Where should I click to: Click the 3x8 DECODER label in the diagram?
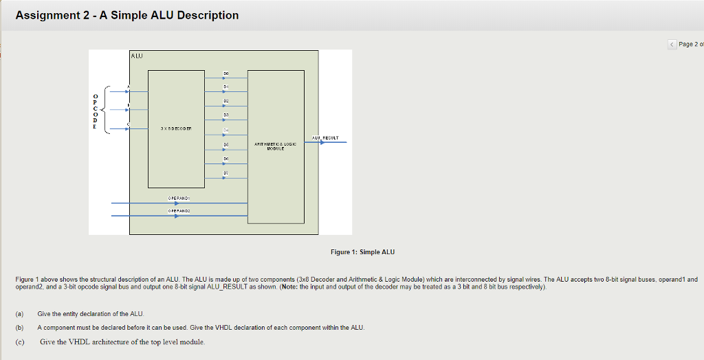click(177, 128)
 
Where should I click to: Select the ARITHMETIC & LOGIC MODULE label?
click(275, 146)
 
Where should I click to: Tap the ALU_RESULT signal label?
click(325, 137)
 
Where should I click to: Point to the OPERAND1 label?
click(178, 198)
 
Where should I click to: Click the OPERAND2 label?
click(178, 211)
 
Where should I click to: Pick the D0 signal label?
click(225, 73)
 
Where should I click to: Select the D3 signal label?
click(225, 115)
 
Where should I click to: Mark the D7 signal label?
click(225, 172)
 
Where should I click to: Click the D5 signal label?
click(225, 144)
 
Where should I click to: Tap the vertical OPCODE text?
click(96, 111)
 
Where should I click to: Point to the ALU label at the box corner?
click(137, 55)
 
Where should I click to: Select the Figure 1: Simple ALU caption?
click(362, 252)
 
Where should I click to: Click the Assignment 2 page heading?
click(127, 15)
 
